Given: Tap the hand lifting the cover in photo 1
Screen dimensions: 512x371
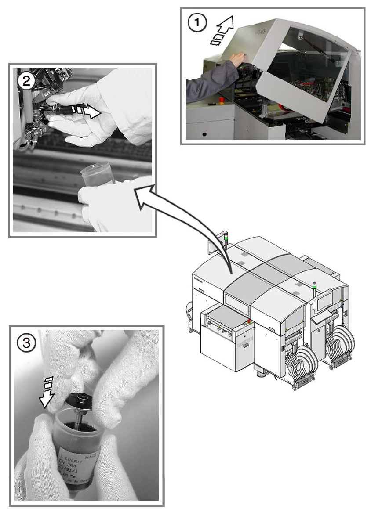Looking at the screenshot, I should [237, 58].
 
